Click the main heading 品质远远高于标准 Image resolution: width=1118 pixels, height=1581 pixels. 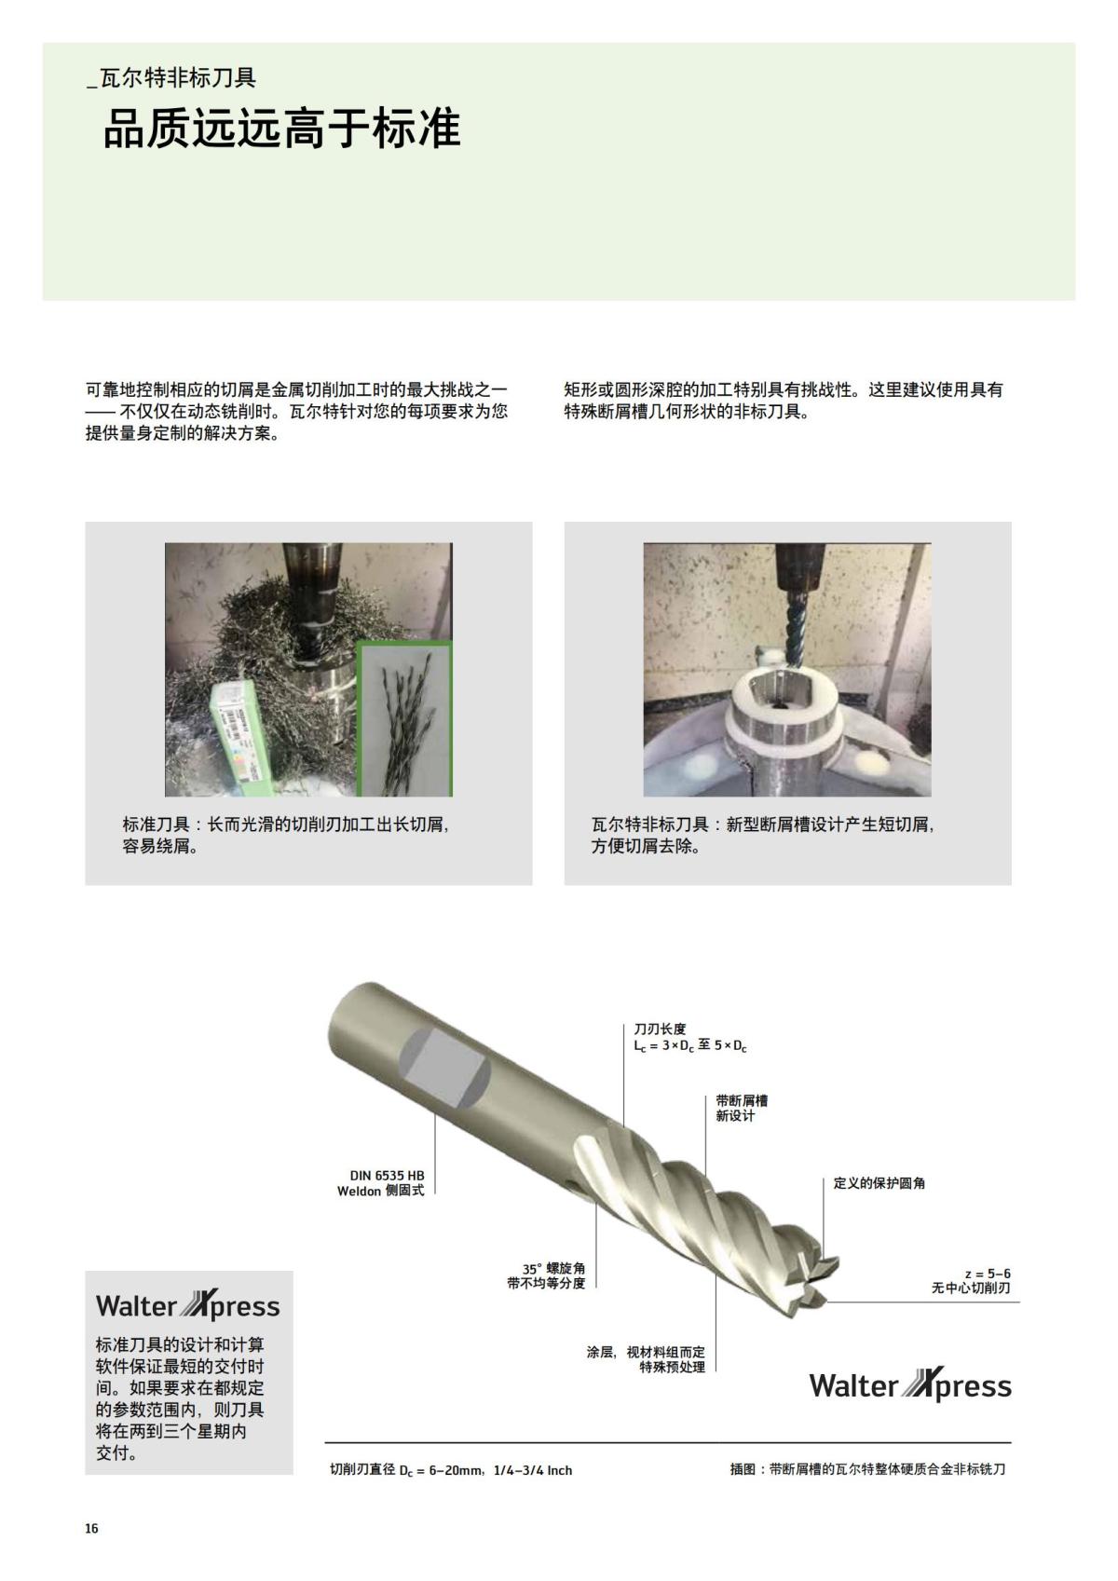click(281, 129)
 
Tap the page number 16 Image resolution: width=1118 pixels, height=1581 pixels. click(91, 1529)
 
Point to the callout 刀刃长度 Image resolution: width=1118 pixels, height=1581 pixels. click(660, 1029)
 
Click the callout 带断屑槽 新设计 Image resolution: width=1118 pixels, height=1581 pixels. click(742, 1108)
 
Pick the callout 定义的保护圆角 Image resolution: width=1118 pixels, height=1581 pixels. click(879, 1183)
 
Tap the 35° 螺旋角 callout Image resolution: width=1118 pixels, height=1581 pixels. click(553, 1269)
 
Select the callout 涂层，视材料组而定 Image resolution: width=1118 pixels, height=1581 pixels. click(646, 1352)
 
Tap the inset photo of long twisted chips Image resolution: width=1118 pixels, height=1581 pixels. click(403, 719)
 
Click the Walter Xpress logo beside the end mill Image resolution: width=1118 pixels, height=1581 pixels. click(909, 1385)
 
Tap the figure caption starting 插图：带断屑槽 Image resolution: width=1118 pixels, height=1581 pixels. click(867, 1470)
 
